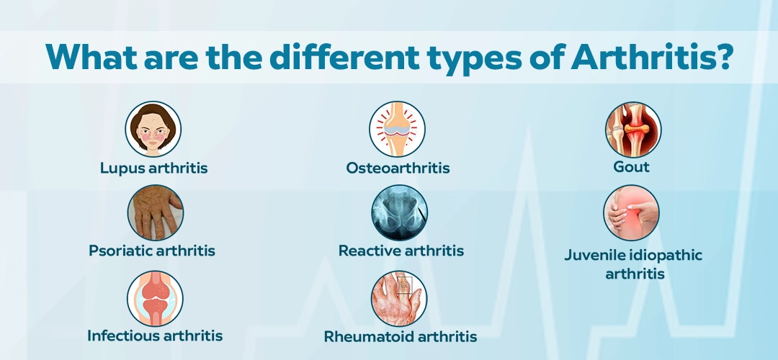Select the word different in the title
click(343, 57)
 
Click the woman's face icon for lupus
click(153, 129)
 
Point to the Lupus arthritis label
click(154, 168)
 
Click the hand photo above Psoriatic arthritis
click(156, 212)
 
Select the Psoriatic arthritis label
click(152, 251)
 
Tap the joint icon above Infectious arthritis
click(155, 299)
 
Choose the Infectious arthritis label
click(155, 336)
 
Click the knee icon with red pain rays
click(397, 129)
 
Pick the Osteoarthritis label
click(398, 168)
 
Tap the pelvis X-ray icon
click(399, 212)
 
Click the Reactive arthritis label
click(401, 251)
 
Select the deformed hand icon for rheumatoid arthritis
click(399, 299)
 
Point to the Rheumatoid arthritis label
click(401, 337)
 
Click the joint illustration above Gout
click(633, 130)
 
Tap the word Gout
click(631, 167)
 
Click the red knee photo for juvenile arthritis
click(631, 212)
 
